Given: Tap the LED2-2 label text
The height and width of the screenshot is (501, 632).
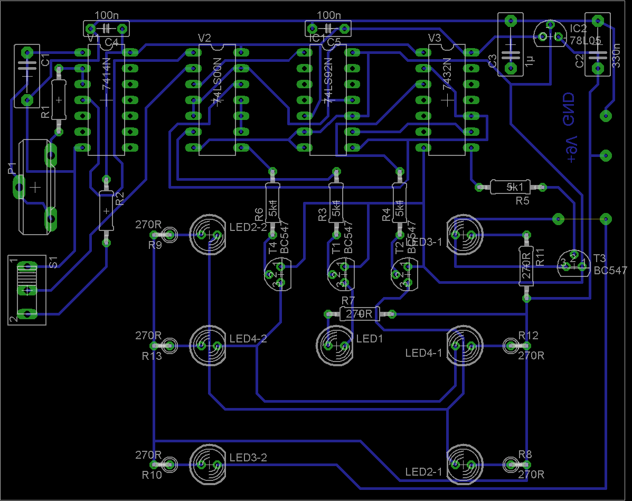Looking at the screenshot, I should pos(248,227).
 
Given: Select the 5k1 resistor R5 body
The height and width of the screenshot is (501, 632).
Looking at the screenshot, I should pos(510,187).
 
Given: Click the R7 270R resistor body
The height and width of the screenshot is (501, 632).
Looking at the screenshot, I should pos(360,314).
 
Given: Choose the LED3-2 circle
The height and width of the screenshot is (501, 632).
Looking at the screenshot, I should pos(209,465).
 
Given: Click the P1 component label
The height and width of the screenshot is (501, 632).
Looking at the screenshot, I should pos(12,169).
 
